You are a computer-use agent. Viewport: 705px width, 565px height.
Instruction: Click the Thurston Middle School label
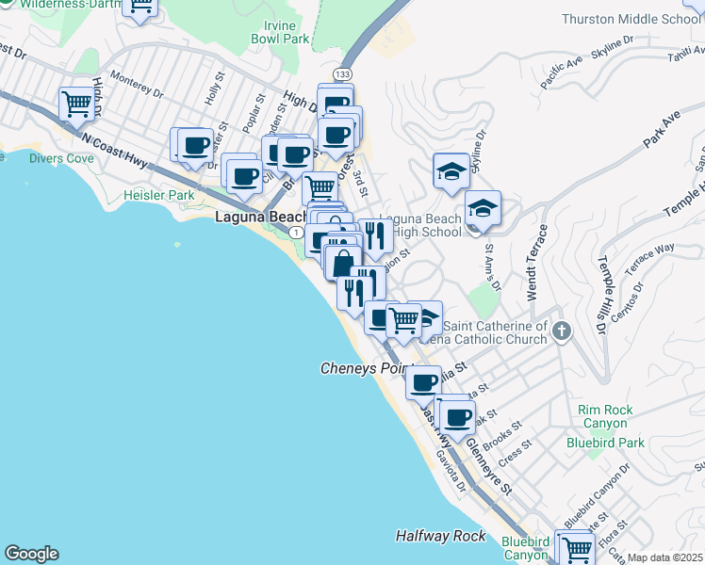[631, 19]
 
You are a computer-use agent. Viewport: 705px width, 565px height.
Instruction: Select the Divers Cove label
[61, 158]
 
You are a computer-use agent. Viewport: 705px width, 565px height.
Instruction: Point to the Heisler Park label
[158, 195]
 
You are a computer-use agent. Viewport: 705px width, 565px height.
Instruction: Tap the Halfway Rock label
[440, 536]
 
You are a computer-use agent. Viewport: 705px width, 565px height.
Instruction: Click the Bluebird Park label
[605, 442]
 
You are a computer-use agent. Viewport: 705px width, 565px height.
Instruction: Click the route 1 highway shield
[297, 232]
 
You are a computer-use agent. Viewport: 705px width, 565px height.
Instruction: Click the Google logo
[31, 554]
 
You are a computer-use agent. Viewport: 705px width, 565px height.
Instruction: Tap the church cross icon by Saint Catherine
[562, 331]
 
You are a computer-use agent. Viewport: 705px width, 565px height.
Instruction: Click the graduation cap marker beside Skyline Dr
[451, 170]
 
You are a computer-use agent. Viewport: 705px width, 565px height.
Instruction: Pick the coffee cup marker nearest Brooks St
[457, 417]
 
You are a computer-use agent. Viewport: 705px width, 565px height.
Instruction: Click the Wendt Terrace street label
[536, 263]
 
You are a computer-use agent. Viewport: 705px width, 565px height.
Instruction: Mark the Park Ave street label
[661, 129]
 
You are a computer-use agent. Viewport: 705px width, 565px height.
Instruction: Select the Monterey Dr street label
[137, 86]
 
